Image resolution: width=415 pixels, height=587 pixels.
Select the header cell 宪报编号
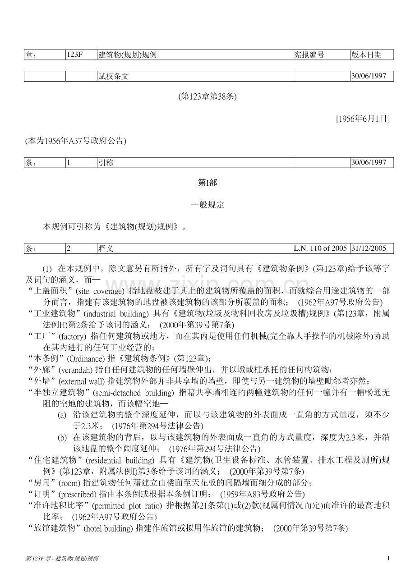tap(309, 55)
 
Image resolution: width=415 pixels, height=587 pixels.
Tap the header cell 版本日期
tap(366, 55)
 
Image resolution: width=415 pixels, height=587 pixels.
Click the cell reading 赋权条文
tap(113, 77)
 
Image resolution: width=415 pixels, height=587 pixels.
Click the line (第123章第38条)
tap(207, 96)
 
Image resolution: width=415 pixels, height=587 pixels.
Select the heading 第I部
tap(207, 183)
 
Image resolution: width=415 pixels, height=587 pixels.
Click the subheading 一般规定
tap(207, 205)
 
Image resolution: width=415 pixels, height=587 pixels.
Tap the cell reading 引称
tap(106, 163)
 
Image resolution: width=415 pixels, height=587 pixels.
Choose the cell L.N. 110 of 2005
tap(320, 248)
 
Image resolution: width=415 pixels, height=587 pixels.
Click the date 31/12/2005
tap(369, 248)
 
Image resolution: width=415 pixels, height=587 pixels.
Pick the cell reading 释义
tap(106, 248)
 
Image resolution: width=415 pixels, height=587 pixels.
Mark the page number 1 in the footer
tap(388, 559)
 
